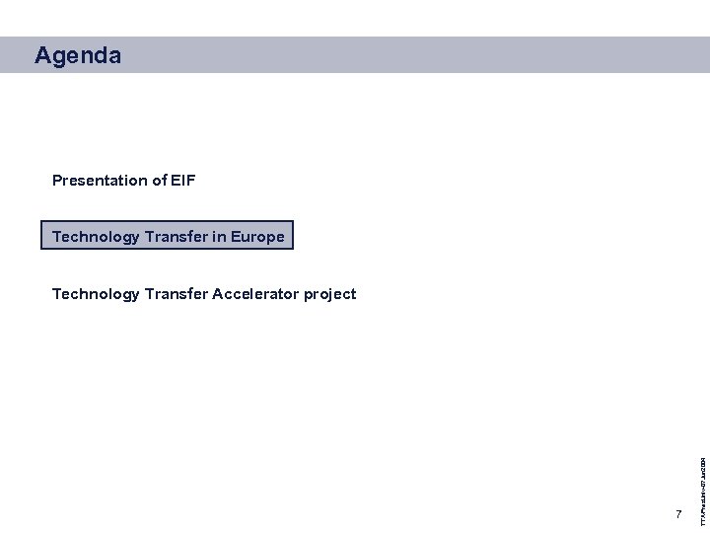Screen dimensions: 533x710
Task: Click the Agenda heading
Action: (x=78, y=56)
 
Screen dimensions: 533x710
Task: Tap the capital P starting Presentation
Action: (x=57, y=181)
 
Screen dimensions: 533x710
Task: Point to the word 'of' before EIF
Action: (x=159, y=181)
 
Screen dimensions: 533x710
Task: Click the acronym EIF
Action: (x=183, y=181)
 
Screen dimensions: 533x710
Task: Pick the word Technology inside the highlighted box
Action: (x=96, y=237)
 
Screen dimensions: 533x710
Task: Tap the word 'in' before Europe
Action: (x=219, y=237)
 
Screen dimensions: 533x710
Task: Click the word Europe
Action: (x=257, y=237)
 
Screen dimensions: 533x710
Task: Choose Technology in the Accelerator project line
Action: (x=96, y=294)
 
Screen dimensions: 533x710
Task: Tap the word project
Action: (x=329, y=294)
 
